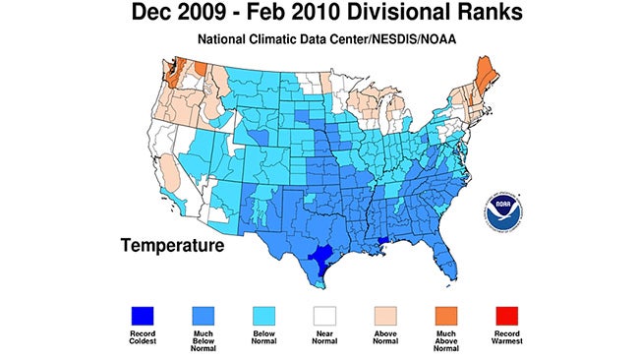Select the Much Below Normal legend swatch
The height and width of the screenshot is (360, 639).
click(206, 314)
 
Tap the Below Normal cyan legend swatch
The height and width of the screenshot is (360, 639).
click(264, 314)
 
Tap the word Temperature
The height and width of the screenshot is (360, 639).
click(173, 242)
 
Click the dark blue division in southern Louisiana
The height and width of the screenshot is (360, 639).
click(381, 242)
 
